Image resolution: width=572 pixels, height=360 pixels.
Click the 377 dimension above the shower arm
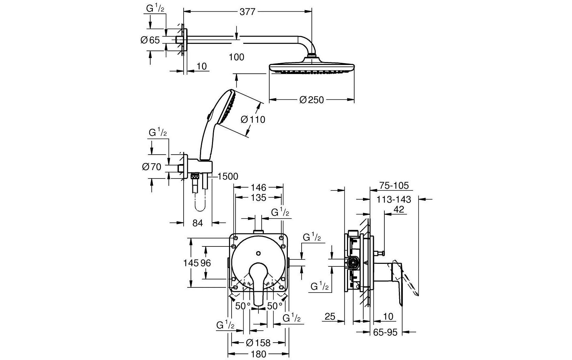pyautogui.click(x=248, y=12)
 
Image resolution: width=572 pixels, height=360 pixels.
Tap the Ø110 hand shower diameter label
pyautogui.click(x=253, y=119)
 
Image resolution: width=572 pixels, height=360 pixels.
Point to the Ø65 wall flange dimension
pyautogui.click(x=150, y=40)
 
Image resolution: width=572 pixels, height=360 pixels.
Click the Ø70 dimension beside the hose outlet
pyautogui.click(x=152, y=167)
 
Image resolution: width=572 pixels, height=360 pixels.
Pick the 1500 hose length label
pyautogui.click(x=228, y=176)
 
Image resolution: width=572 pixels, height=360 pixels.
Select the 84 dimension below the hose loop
pyautogui.click(x=197, y=223)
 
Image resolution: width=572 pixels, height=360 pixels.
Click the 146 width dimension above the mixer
pyautogui.click(x=258, y=188)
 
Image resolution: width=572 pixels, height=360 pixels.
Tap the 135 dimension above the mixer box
pyautogui.click(x=258, y=198)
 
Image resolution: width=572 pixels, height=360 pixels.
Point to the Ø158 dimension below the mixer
pyautogui.click(x=258, y=343)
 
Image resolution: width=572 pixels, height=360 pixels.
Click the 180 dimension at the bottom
pyautogui.click(x=258, y=354)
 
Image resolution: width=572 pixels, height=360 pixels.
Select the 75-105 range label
pyautogui.click(x=394, y=186)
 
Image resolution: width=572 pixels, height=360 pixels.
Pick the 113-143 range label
pyautogui.click(x=394, y=199)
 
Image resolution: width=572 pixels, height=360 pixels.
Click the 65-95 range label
pyautogui.click(x=385, y=332)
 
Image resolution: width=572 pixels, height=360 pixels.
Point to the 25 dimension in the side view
pyautogui.click(x=330, y=316)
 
